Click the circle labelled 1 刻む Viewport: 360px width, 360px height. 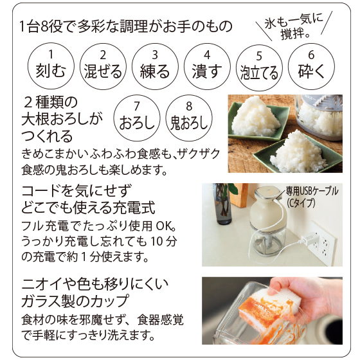[51, 66]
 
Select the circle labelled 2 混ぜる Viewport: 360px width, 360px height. [103, 66]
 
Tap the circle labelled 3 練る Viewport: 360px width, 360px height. [155, 66]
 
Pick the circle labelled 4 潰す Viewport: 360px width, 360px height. [207, 66]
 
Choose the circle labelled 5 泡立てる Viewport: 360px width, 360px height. [259, 67]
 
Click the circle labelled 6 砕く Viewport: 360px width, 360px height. [311, 66]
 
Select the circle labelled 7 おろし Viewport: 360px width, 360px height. [137, 118]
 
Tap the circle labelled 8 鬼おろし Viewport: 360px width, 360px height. [189, 118]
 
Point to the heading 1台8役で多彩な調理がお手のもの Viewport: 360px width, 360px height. [126, 26]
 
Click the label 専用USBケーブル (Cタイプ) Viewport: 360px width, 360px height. [312, 197]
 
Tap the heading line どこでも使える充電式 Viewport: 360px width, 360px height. [88, 207]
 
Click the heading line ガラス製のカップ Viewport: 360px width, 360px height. [75, 301]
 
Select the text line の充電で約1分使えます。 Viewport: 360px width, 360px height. [85, 257]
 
